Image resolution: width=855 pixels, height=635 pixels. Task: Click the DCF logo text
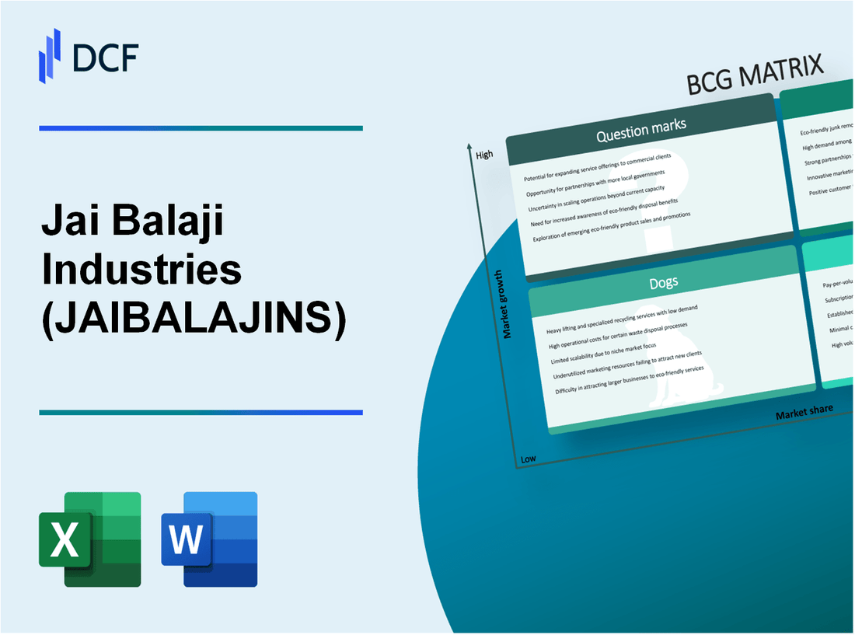[107, 58]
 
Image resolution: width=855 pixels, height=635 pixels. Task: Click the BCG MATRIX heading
[755, 76]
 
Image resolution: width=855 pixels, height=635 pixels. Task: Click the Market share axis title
[804, 411]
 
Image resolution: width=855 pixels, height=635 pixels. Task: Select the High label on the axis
[484, 155]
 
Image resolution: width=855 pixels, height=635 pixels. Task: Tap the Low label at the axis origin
[529, 459]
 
